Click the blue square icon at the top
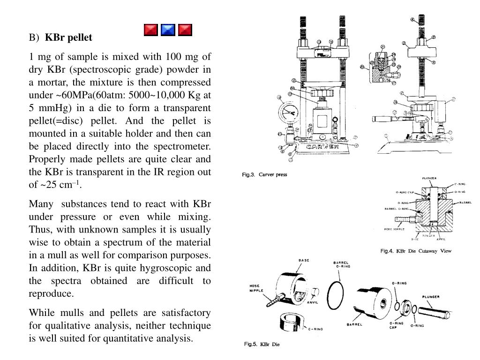[x=168, y=30]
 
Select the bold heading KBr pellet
[x=68, y=37]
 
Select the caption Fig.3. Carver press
[x=264, y=175]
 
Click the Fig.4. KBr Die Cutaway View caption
[x=415, y=251]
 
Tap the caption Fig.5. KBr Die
[x=262, y=345]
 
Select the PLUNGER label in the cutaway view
[x=429, y=179]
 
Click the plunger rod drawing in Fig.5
[x=434, y=310]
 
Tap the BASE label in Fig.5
[x=304, y=261]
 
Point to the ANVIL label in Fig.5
[x=313, y=302]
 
